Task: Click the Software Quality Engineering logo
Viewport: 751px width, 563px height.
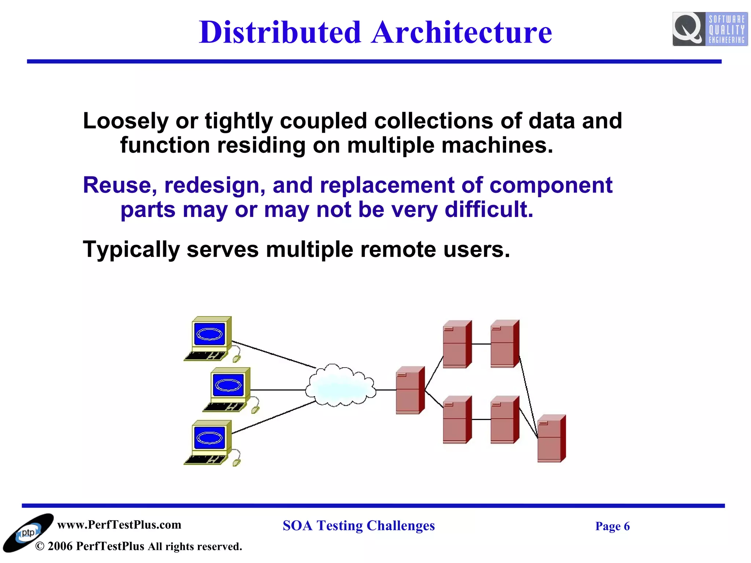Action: click(x=710, y=29)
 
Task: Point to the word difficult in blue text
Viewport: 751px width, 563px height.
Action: click(x=488, y=210)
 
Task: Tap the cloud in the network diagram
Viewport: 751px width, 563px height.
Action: click(x=341, y=386)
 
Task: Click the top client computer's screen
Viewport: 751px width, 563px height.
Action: click(x=209, y=334)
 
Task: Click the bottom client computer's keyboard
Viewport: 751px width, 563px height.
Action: click(x=205, y=460)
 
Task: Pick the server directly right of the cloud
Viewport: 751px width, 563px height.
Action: click(x=410, y=390)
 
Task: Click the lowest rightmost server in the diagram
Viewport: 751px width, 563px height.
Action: click(x=551, y=438)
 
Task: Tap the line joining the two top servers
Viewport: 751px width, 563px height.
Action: click(x=481, y=344)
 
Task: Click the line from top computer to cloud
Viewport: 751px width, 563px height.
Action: click(x=273, y=354)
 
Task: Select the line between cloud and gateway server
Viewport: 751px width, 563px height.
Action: click(x=386, y=390)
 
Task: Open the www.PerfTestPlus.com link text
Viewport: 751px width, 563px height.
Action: click(x=119, y=525)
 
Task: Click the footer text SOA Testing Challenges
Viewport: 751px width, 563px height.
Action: click(x=358, y=526)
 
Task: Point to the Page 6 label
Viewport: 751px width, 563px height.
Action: click(x=612, y=526)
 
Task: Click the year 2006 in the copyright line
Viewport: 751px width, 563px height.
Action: click(x=60, y=547)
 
